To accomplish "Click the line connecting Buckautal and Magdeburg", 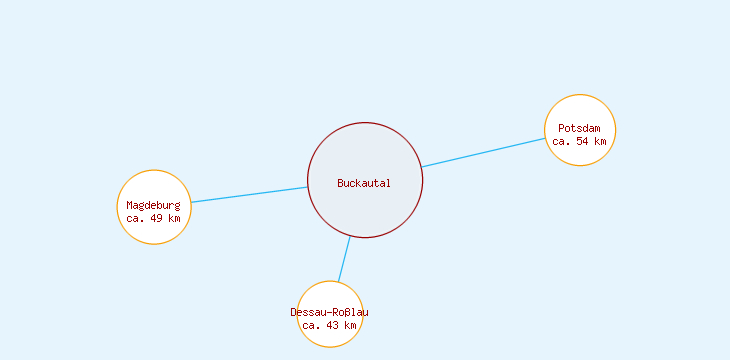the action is point(249,195).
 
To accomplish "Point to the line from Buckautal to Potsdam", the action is point(483,152).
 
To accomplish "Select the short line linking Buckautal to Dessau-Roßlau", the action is point(344,259).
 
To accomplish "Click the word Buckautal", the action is point(364,183).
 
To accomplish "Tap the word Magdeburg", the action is point(153,205).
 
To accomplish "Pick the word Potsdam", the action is point(580,129).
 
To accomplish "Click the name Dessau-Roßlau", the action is point(330,312).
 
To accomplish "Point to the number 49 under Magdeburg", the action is point(157,217).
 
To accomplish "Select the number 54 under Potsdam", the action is point(583,141).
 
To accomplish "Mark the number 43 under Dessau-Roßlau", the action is point(333,325).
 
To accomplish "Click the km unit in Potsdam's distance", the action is point(600,141).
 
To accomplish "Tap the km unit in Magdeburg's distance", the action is point(174,217).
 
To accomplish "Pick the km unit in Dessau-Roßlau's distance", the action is point(350,325).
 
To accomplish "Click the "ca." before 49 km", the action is point(137,217).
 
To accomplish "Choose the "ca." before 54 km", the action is point(562,141).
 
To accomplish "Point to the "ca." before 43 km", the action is point(312,325).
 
